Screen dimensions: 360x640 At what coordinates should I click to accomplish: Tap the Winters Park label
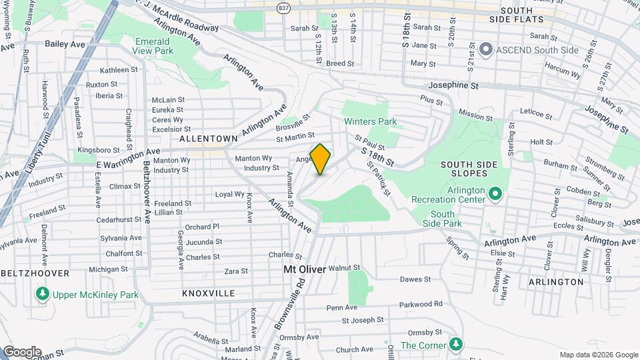370,121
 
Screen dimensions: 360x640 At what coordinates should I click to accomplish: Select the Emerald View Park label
133,45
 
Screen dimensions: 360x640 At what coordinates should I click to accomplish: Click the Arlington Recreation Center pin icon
495,194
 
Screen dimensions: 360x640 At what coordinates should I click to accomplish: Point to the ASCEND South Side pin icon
486,49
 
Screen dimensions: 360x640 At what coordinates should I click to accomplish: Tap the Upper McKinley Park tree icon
43,293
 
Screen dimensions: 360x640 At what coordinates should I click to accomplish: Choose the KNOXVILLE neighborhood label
208,293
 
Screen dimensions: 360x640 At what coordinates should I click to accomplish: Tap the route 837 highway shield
284,7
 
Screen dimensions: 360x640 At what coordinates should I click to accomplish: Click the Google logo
21,352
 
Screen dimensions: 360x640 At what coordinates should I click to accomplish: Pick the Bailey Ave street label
65,43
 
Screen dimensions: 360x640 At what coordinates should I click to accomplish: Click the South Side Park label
442,219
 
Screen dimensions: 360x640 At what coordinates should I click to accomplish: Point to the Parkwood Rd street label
421,304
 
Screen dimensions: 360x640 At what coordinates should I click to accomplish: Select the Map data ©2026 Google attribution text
598,355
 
